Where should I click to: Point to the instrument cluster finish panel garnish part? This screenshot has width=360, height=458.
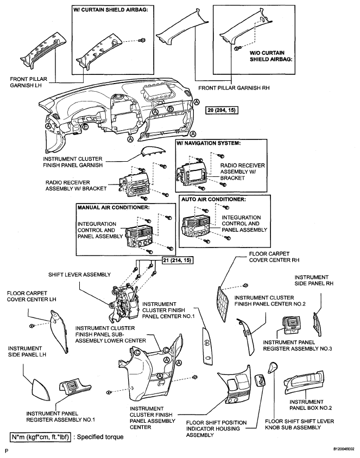tap(154, 151)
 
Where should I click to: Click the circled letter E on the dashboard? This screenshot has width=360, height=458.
tap(85, 127)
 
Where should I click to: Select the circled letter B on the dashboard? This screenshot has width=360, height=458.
tap(170, 109)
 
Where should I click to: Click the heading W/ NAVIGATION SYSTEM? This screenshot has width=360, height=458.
tap(209, 143)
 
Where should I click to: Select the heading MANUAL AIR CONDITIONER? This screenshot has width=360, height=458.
tap(113, 207)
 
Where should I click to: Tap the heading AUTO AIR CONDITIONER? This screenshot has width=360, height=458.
tap(213, 199)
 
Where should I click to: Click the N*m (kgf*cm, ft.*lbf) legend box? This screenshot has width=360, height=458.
tap(40, 437)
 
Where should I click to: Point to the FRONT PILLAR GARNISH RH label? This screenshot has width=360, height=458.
tap(234, 87)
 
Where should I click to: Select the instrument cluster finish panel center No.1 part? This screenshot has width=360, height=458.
tap(207, 346)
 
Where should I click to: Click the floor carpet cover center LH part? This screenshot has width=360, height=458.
tap(59, 332)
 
